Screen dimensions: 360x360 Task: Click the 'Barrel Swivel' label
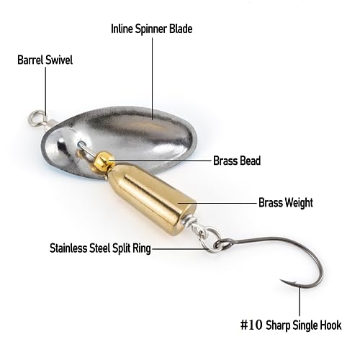45,60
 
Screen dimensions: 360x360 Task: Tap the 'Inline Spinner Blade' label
152,29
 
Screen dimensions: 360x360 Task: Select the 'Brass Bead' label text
237,161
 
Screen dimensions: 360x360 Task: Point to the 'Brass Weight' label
286,203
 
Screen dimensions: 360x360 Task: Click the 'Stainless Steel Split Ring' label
100,248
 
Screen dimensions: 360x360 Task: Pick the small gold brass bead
104,160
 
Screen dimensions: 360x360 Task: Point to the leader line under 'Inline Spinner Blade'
153,78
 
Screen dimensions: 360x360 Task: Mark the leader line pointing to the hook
300,302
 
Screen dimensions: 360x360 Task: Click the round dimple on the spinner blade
60,145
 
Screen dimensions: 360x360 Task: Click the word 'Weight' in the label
300,203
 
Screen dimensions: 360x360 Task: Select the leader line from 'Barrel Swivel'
46,91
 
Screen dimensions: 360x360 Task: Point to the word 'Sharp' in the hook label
276,325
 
